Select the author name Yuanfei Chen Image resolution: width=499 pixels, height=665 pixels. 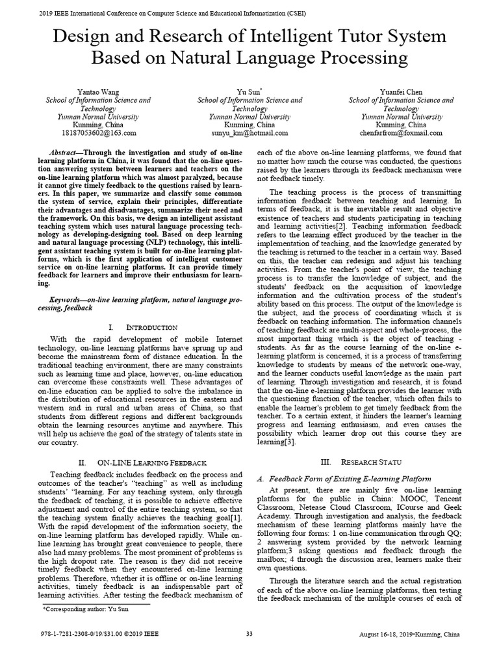[x=401, y=92]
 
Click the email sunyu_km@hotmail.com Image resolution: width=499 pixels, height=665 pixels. [x=249, y=132]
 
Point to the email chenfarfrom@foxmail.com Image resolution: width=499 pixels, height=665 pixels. [x=401, y=132]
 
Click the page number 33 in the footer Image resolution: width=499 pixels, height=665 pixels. [x=249, y=652]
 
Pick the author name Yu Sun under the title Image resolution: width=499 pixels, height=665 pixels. [x=248, y=92]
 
